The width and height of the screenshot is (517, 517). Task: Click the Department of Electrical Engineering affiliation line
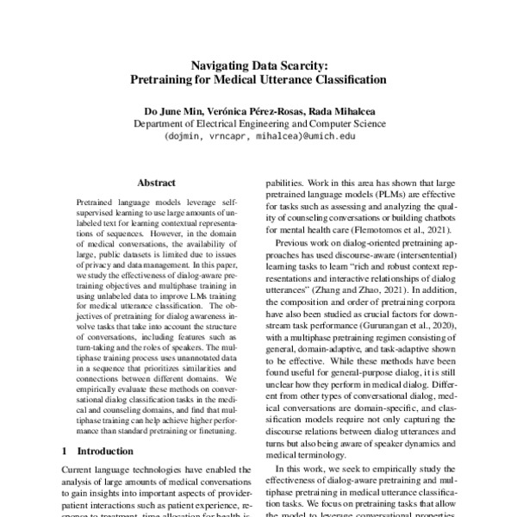click(258, 123)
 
